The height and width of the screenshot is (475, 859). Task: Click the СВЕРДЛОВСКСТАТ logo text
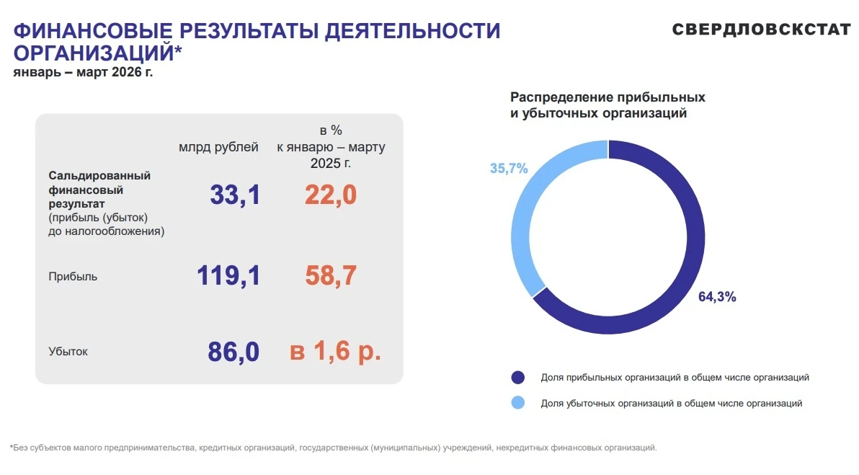[x=762, y=30]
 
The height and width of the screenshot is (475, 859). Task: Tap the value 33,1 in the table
[x=235, y=195]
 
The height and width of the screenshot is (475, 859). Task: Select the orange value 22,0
[x=331, y=195]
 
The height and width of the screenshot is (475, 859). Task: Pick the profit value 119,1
[x=228, y=275]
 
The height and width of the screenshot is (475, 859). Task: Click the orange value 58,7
[x=331, y=275]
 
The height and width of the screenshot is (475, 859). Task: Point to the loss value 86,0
[x=234, y=352]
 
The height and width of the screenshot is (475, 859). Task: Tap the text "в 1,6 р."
[x=335, y=351]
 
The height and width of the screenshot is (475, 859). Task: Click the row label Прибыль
[x=73, y=277]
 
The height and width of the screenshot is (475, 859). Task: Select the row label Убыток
[x=68, y=352]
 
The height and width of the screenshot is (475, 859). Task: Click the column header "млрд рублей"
[x=218, y=147]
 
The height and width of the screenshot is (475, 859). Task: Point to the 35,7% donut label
[x=509, y=168]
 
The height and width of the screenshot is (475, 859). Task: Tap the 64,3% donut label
[x=717, y=297]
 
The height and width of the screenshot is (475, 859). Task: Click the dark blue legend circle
[x=517, y=378]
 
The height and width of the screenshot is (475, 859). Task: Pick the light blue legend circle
[x=517, y=403]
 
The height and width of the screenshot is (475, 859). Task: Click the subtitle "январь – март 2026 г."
[x=83, y=72]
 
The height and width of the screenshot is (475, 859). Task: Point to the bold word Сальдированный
[x=99, y=176]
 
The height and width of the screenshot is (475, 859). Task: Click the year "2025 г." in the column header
[x=331, y=164]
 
